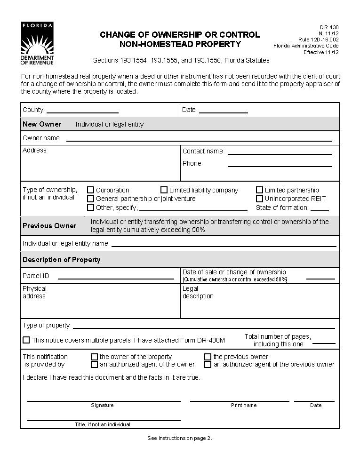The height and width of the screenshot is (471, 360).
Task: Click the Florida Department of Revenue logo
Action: click(x=37, y=43)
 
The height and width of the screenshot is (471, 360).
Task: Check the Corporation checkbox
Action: click(x=91, y=190)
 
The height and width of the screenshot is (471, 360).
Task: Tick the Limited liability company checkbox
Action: click(x=164, y=190)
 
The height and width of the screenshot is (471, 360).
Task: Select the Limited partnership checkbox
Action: click(x=259, y=190)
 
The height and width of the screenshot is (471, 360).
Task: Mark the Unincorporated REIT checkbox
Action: click(x=259, y=199)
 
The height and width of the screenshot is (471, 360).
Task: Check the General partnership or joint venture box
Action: click(x=91, y=199)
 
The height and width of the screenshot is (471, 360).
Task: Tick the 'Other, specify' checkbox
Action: click(x=91, y=207)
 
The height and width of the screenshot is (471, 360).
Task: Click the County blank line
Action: click(x=82, y=112)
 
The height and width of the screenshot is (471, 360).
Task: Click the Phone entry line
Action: click(x=280, y=165)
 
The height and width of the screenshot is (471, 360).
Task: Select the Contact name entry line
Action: click(x=280, y=152)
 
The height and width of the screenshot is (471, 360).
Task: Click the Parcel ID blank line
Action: click(x=115, y=278)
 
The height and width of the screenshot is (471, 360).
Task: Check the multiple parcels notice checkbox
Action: click(x=26, y=340)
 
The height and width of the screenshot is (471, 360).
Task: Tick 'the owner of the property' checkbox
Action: click(x=94, y=357)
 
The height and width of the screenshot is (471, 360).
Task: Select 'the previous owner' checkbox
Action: click(x=208, y=357)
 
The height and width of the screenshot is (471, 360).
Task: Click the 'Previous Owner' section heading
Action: click(x=49, y=226)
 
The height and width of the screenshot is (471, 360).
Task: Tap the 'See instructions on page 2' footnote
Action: click(x=180, y=438)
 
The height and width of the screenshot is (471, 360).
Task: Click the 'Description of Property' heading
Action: click(x=61, y=260)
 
